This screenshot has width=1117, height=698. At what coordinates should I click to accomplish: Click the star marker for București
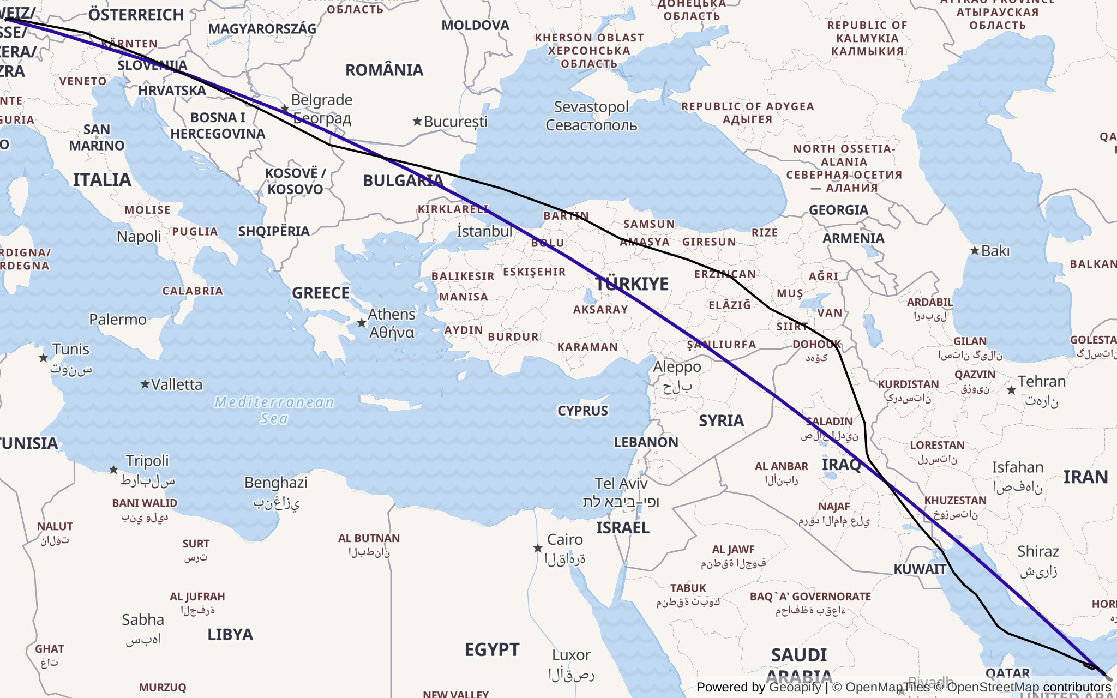coord(417,121)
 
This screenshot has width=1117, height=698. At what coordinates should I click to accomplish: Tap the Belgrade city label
coord(322,100)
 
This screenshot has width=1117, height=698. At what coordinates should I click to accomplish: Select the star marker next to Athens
coord(361,323)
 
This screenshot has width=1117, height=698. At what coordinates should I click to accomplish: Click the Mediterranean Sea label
coord(274,410)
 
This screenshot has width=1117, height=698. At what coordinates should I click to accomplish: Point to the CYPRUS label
coord(582,411)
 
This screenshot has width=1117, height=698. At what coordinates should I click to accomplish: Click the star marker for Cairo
coord(538,548)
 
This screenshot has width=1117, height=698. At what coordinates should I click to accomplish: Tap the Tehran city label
coord(1041,382)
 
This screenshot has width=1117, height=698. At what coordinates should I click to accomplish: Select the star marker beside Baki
coord(975,251)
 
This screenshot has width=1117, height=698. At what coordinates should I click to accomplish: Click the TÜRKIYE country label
coord(632,284)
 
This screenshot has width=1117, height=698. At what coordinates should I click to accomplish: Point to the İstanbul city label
coord(484,231)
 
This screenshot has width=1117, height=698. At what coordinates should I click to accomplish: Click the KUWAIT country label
coord(920,569)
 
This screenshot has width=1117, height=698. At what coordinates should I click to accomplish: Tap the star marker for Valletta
coord(145,384)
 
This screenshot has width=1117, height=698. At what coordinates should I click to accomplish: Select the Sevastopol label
coord(591,107)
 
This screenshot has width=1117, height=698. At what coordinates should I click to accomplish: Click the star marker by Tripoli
coord(113,470)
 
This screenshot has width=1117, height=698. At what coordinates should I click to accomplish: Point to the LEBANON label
coord(646,442)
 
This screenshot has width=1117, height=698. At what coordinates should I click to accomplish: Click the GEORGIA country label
coord(838,210)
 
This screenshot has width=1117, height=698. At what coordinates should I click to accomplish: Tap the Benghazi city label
coord(275,483)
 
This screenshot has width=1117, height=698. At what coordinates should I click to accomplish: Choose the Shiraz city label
coord(1038,552)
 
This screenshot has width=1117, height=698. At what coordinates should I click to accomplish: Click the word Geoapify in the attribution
coord(795,687)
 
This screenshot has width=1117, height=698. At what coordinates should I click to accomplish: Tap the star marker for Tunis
coord(44,358)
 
